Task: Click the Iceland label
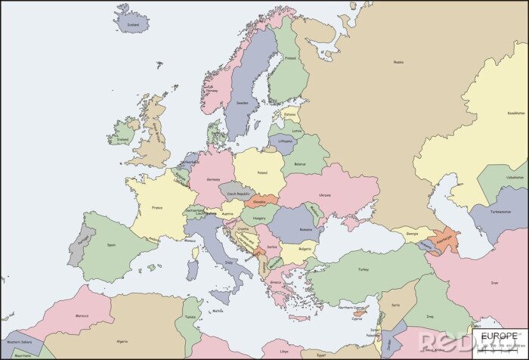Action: point(133,24)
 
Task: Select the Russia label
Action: point(398,62)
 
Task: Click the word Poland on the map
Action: point(262,172)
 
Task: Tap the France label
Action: point(157,207)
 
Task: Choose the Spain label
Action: point(111,244)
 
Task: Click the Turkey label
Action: point(363,268)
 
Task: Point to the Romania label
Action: point(305,228)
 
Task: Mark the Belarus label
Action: point(300,164)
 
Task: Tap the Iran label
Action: point(495,283)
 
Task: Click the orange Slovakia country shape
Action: point(261,203)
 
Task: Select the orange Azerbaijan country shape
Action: point(445,238)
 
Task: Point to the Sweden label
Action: point(242,103)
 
